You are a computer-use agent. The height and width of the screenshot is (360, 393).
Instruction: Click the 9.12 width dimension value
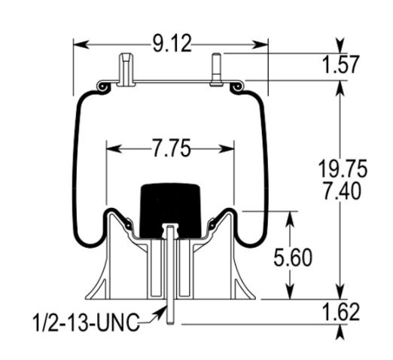[172, 44]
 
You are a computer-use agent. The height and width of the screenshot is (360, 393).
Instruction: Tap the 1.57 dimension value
[341, 65]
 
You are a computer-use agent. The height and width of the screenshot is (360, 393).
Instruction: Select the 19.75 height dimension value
[343, 168]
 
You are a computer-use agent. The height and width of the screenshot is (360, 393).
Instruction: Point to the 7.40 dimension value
[343, 191]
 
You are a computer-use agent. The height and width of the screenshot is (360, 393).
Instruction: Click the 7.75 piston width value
[172, 148]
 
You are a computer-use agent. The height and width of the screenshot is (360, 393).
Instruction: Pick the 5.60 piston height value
[293, 258]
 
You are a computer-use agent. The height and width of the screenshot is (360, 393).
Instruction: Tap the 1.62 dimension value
[341, 312]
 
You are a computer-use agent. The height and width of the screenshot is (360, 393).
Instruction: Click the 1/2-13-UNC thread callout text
[87, 322]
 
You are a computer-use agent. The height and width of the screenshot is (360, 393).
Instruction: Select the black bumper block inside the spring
[170, 210]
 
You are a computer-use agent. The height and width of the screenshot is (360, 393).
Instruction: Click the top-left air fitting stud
[126, 69]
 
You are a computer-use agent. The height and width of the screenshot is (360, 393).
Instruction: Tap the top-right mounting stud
[216, 69]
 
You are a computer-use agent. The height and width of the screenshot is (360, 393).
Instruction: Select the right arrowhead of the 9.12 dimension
[260, 44]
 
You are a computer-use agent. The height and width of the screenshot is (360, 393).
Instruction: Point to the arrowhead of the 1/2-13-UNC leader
[160, 312]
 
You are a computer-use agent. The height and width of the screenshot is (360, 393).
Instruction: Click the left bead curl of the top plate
[103, 87]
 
